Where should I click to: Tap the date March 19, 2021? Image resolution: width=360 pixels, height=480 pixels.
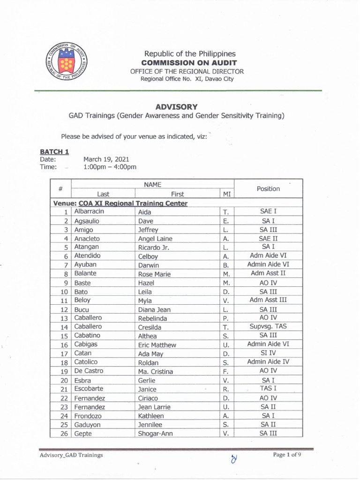[x=106, y=159]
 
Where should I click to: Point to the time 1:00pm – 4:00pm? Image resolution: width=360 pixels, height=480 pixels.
[x=110, y=167]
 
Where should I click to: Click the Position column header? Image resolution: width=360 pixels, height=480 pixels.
[x=268, y=188]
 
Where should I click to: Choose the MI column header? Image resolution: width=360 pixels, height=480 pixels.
[x=226, y=194]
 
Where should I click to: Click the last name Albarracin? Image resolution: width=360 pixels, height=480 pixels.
[x=89, y=212]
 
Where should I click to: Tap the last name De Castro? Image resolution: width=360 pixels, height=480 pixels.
[x=89, y=371]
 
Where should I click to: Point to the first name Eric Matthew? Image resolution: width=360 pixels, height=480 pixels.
[x=157, y=345]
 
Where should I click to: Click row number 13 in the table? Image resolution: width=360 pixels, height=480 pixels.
[x=65, y=319]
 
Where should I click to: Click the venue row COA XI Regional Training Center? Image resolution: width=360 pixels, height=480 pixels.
[x=120, y=203]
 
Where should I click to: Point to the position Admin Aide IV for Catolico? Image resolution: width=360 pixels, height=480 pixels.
[x=268, y=362]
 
